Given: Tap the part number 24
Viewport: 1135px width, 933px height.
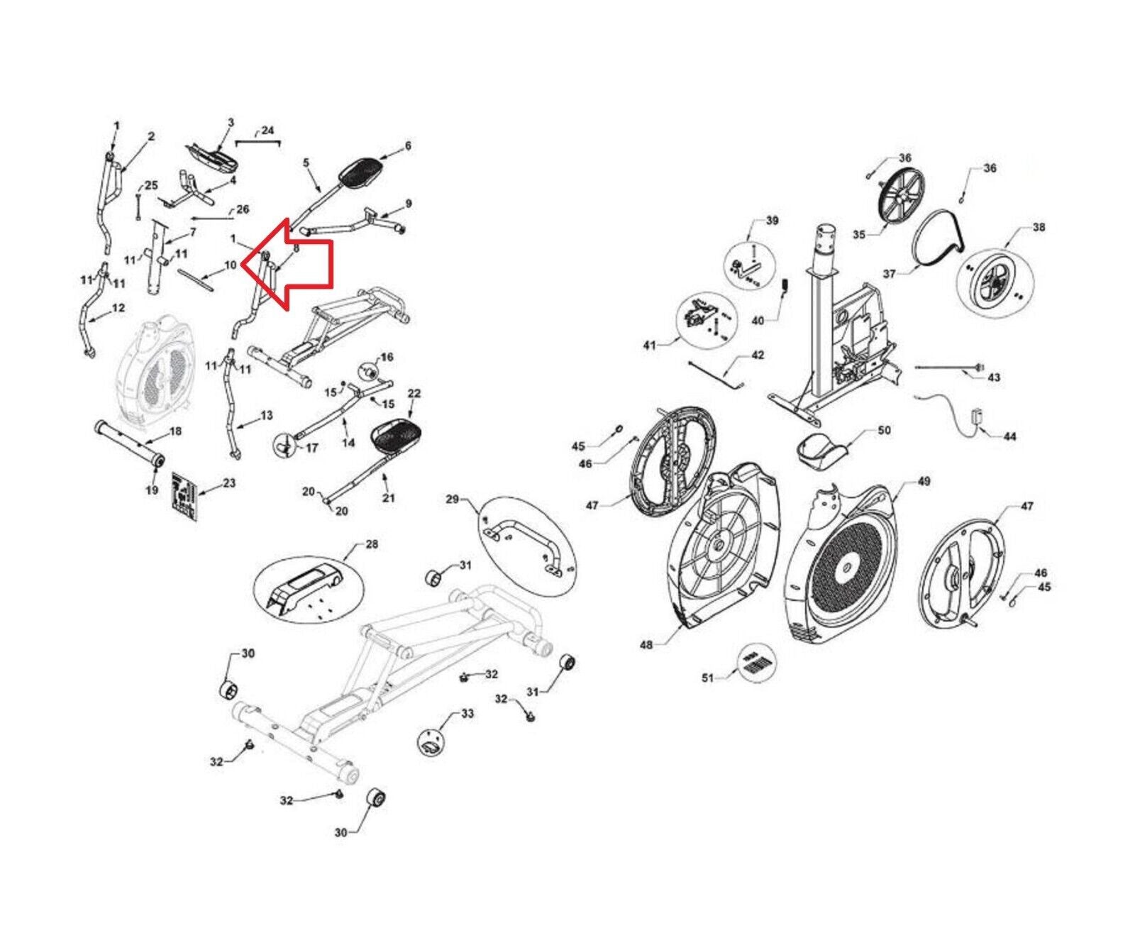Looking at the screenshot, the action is [x=267, y=131].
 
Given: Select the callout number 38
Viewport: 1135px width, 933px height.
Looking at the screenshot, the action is [x=1039, y=228].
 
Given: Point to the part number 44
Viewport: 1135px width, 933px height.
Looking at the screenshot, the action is [x=1009, y=436].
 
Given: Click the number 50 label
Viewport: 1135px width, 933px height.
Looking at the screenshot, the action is [x=884, y=431].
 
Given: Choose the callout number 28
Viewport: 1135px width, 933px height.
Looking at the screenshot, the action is [x=371, y=545].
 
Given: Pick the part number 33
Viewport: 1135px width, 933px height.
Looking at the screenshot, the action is [x=467, y=713].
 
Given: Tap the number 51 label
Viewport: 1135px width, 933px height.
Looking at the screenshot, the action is [x=707, y=678].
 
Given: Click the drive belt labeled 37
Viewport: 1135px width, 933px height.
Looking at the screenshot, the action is [x=936, y=242].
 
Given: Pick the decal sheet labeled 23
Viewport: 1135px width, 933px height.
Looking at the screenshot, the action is [x=184, y=496].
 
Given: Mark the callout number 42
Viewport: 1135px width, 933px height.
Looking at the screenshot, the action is [x=758, y=355].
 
